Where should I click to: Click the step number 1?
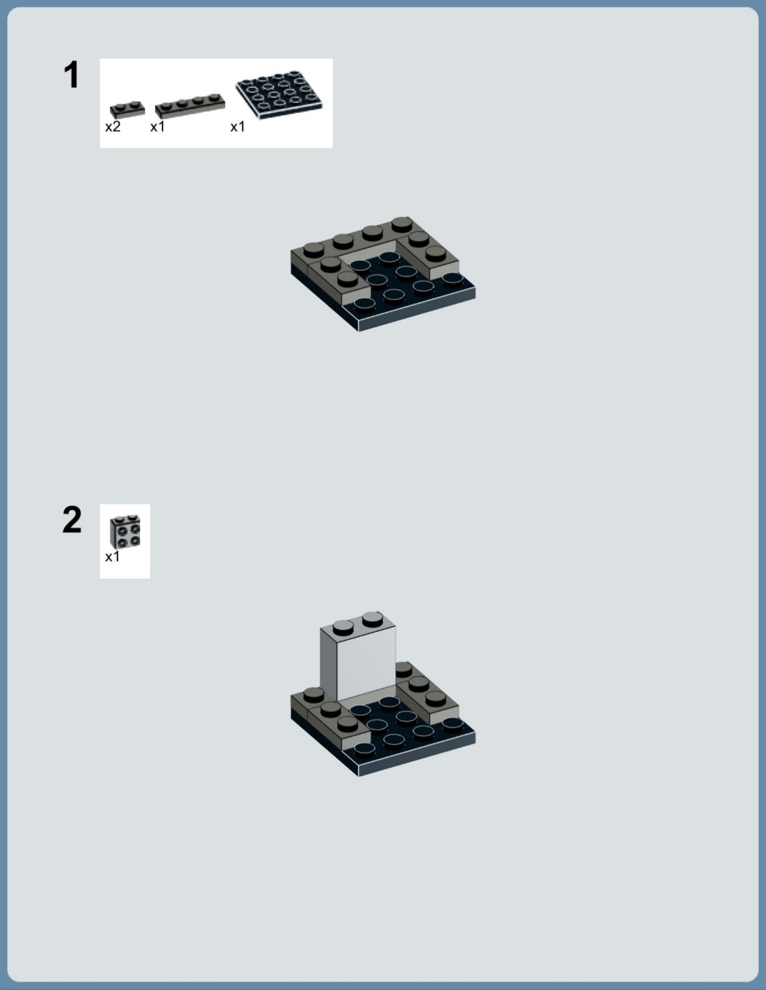coord(71,75)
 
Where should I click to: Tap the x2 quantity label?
coord(113,127)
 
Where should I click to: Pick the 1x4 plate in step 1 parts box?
coord(190,105)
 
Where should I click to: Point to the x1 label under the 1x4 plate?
coord(158,127)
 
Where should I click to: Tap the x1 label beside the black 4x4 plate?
coord(238,127)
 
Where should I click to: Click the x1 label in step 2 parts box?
coord(112,556)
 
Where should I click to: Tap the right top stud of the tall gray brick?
coord(372,618)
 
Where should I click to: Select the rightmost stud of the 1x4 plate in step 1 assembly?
coord(402,224)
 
